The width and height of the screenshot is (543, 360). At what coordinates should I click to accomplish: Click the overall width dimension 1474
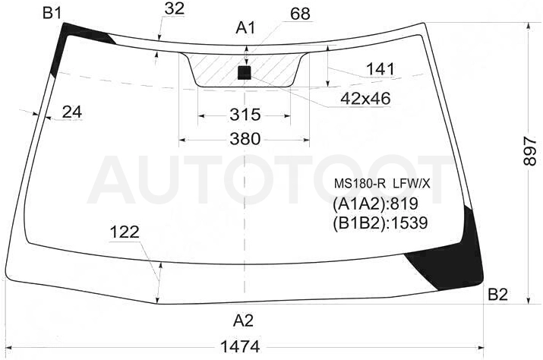point(240,346)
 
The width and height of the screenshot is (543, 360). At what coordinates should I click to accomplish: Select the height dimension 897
point(530,150)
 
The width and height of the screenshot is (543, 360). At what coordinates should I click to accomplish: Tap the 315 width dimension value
point(245,115)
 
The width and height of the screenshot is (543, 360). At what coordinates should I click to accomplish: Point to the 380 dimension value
point(245,139)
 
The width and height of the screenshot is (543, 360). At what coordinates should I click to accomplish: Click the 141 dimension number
point(380,70)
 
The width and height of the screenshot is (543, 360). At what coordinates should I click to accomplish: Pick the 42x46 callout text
point(365,99)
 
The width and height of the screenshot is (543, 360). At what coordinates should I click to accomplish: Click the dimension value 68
point(300,14)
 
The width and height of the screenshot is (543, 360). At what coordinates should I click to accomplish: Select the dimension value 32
point(174,8)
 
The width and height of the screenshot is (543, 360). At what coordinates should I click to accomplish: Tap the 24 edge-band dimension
point(72,112)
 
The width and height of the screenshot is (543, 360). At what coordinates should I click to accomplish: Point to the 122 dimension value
point(125,232)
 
